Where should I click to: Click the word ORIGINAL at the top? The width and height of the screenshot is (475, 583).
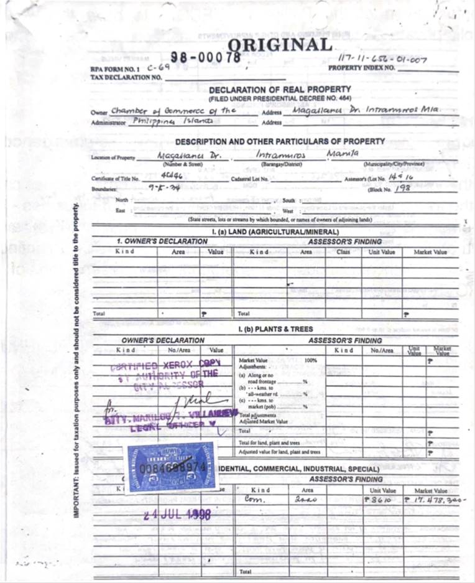tap(280, 45)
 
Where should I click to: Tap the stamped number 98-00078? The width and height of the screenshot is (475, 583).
tap(205, 57)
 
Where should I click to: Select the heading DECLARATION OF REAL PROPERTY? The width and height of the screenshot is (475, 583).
tap(280, 90)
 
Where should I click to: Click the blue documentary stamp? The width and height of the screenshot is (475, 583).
tap(172, 466)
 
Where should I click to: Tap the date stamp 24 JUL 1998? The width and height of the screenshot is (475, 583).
tap(177, 515)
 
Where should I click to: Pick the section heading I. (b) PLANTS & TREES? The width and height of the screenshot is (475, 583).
tap(275, 329)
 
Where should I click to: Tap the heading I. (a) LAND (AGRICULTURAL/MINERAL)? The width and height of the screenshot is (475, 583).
tap(275, 231)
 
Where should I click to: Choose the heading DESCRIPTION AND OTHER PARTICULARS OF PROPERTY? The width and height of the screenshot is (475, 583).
tap(280, 142)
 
